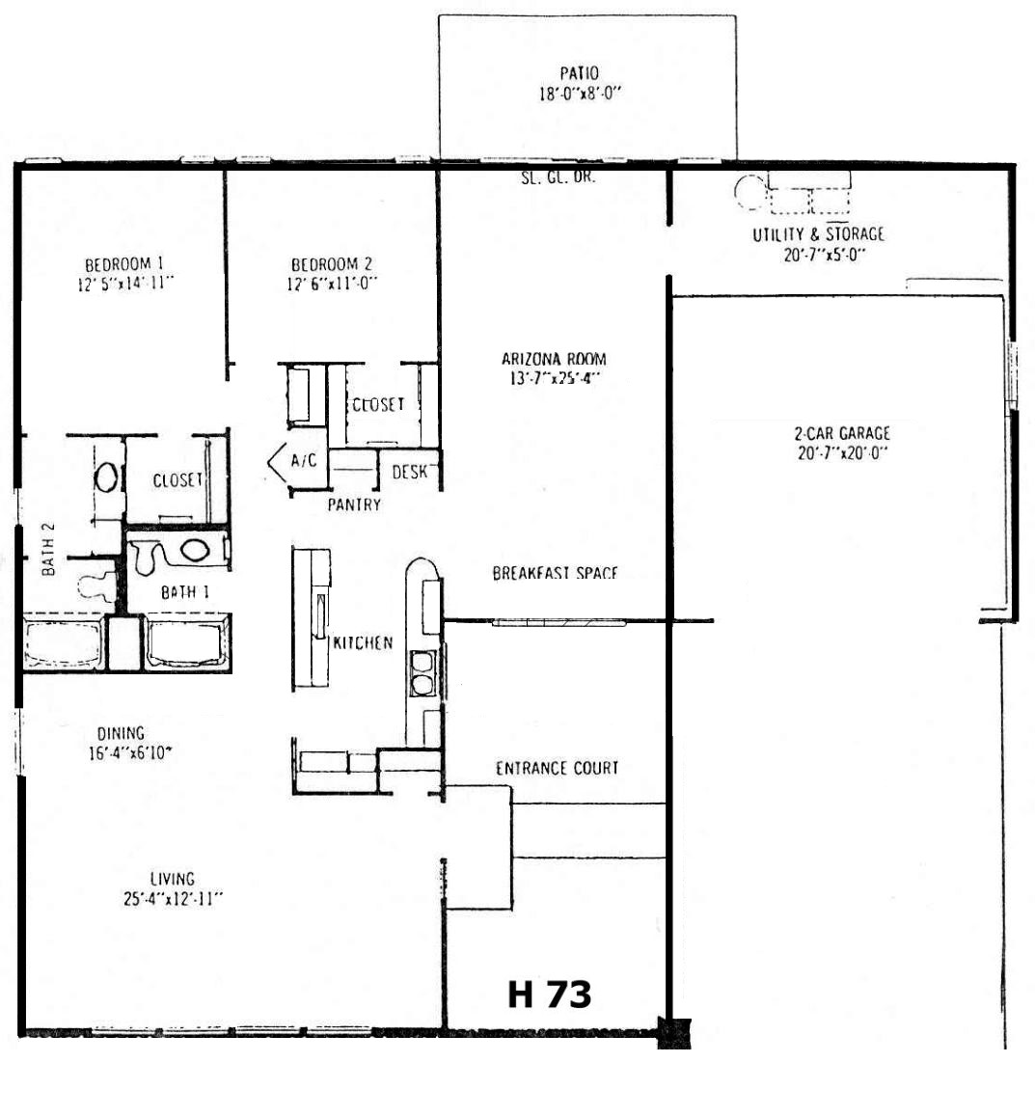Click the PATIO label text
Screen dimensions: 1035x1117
click(x=579, y=72)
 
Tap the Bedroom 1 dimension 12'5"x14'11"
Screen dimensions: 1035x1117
click(x=125, y=284)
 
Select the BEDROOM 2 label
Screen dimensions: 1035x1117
click(x=331, y=264)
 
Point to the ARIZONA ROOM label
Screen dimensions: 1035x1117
click(x=554, y=358)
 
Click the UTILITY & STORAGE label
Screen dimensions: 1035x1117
click(x=819, y=233)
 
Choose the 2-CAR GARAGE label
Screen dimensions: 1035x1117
click(x=842, y=433)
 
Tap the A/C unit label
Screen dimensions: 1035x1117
click(x=304, y=460)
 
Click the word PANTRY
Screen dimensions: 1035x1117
click(x=354, y=504)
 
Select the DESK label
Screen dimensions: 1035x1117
click(x=410, y=472)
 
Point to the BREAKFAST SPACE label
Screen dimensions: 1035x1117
click(x=555, y=573)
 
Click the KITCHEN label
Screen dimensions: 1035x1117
click(x=363, y=642)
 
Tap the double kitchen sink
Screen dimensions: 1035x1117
click(x=422, y=673)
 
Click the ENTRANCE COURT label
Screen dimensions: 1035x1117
click(x=557, y=768)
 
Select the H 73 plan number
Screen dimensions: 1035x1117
click(x=549, y=994)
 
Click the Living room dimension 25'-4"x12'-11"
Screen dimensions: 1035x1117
click(x=173, y=899)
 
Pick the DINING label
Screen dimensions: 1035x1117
click(x=121, y=733)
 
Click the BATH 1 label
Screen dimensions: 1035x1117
click(x=184, y=592)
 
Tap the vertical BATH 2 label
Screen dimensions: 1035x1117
click(x=48, y=549)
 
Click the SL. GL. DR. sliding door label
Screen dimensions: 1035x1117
click(x=558, y=177)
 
